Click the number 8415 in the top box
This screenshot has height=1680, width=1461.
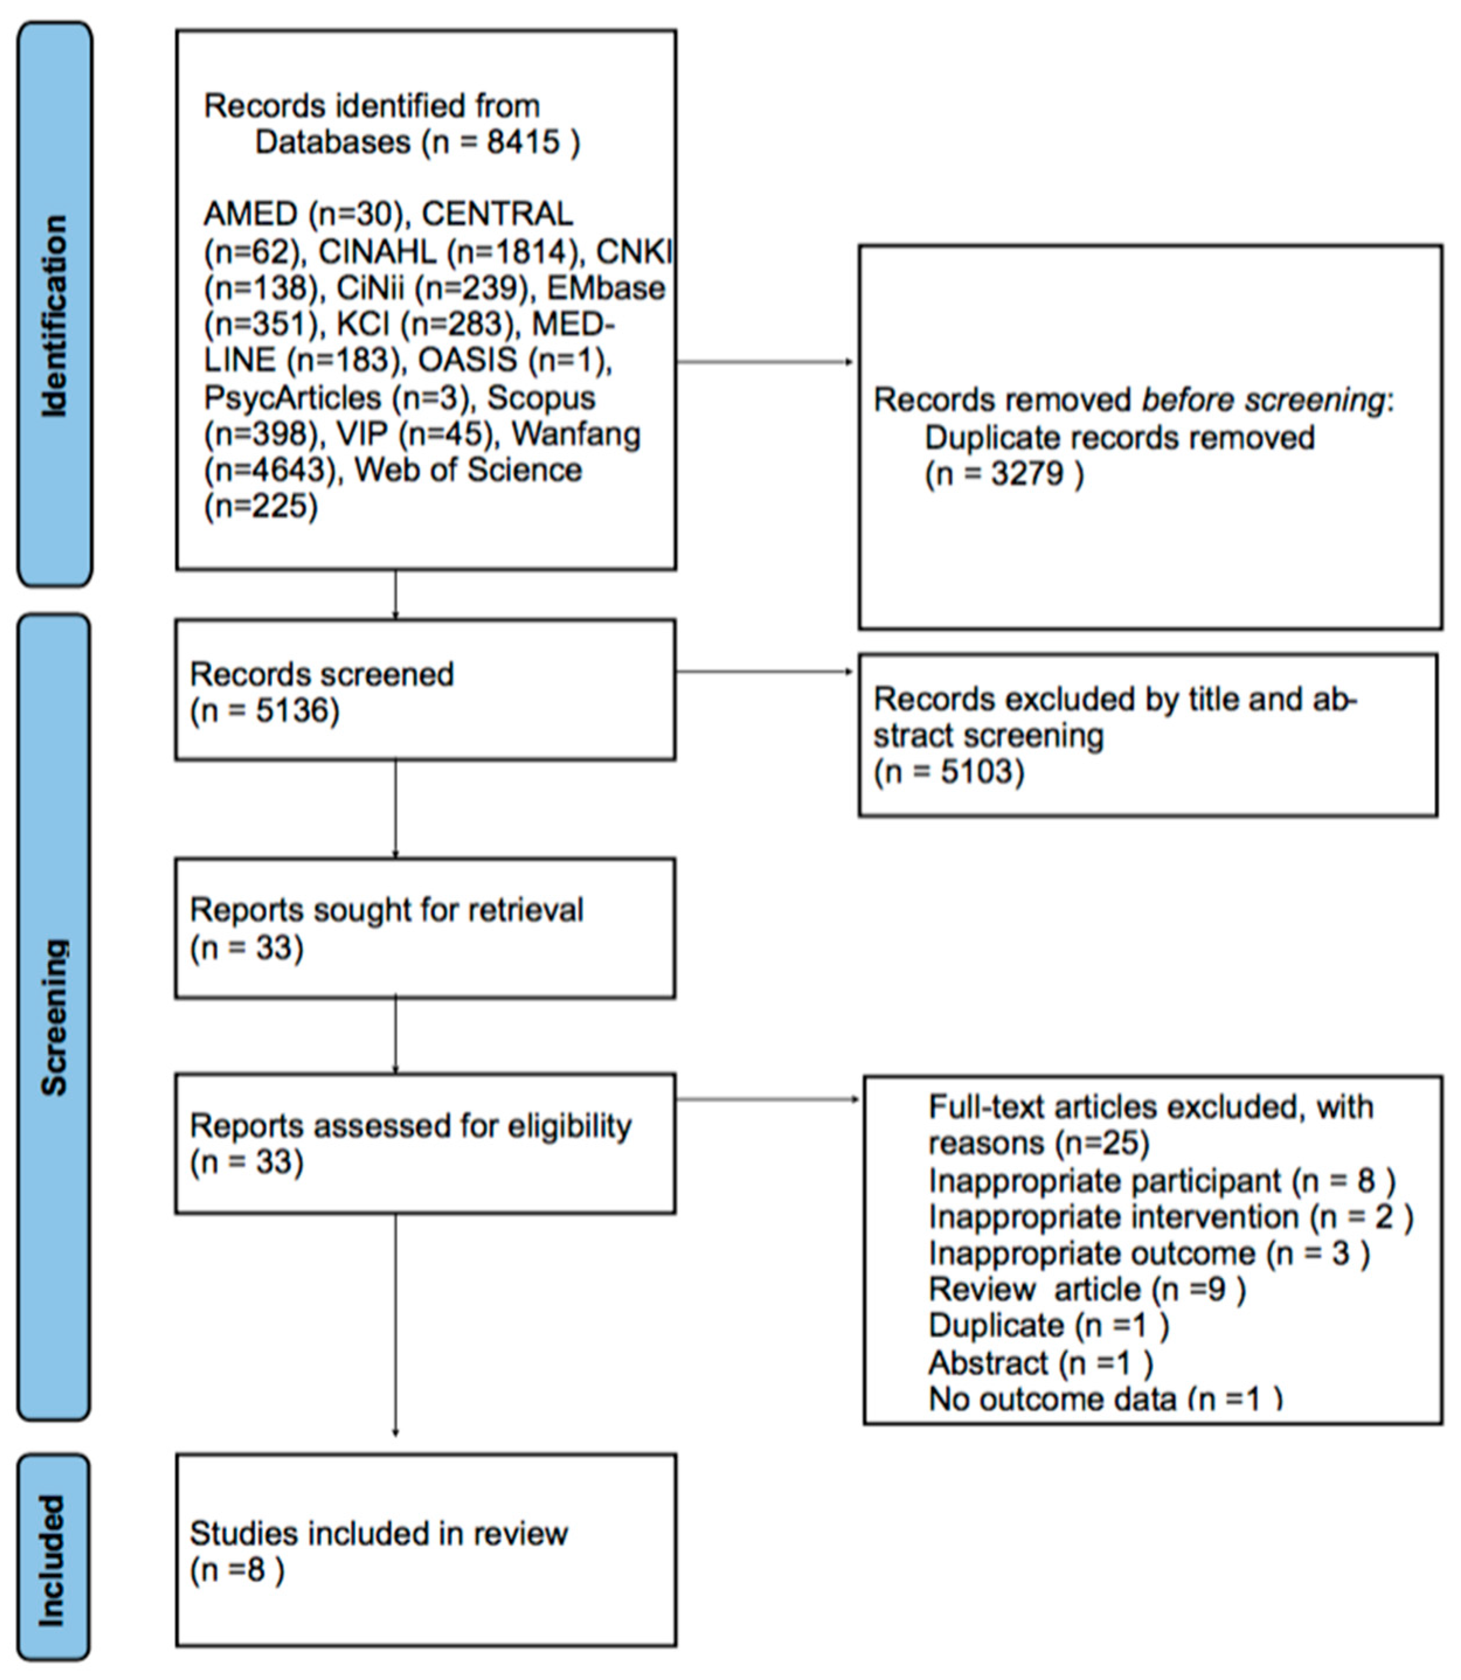(523, 142)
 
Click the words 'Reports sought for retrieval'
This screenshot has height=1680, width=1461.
(387, 910)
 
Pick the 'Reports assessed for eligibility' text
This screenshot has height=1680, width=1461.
(410, 1126)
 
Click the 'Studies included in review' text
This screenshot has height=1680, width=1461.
(379, 1533)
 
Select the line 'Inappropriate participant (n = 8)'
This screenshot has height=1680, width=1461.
(1161, 1181)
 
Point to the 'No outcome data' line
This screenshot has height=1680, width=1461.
(1104, 1399)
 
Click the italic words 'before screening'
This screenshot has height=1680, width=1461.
(1262, 400)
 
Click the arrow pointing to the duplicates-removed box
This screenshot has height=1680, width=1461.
(765, 362)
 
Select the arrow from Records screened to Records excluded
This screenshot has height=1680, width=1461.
(765, 672)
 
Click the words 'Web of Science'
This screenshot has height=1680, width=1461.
(468, 470)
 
